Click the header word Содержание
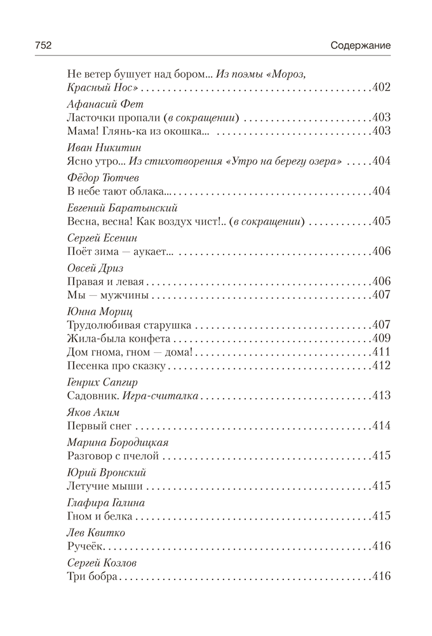(360, 46)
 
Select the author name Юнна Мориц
(96, 311)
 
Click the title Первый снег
(97, 426)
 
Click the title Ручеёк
(83, 546)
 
